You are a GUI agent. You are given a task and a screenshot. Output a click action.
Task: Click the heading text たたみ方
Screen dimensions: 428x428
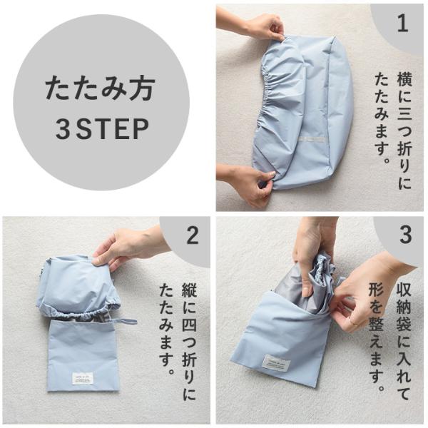(x=100, y=88)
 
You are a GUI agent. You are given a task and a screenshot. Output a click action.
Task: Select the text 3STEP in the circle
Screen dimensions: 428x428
(x=102, y=129)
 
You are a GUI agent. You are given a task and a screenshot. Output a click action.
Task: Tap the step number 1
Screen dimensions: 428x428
(x=403, y=24)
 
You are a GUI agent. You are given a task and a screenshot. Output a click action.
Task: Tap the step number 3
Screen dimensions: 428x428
(x=406, y=235)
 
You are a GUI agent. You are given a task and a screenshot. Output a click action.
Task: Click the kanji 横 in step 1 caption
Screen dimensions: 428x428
(x=404, y=79)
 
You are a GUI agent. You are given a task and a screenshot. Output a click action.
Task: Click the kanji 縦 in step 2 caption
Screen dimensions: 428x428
(x=189, y=292)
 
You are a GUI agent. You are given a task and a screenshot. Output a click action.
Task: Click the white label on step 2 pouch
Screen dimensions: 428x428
(x=83, y=378)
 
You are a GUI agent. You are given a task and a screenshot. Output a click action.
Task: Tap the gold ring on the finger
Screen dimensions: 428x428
(x=355, y=324)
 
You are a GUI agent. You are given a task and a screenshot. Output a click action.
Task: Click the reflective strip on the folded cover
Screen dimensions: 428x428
(x=312, y=139)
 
